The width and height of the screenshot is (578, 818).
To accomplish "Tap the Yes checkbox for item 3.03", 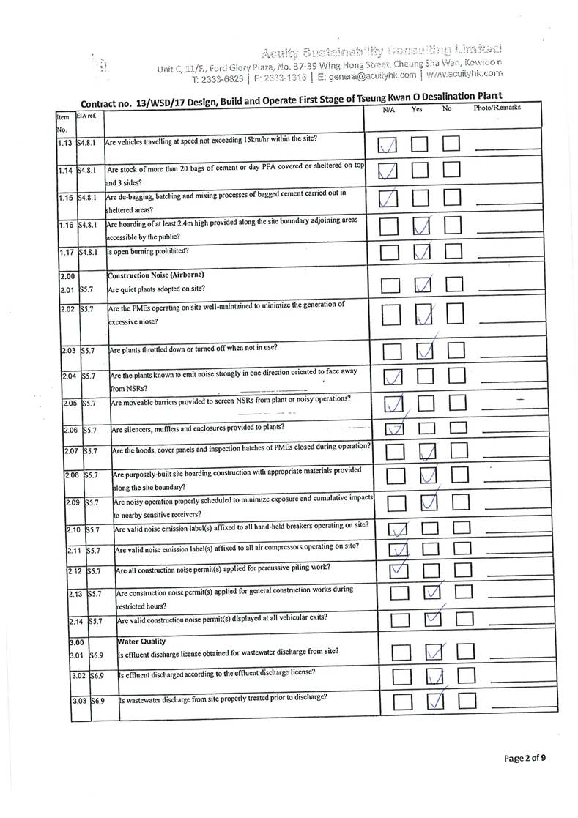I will pyautogui.click(x=435, y=702).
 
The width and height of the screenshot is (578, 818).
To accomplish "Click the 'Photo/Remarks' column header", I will pyautogui.click(x=497, y=108).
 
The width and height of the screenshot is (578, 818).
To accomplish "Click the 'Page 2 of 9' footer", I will pyautogui.click(x=525, y=758).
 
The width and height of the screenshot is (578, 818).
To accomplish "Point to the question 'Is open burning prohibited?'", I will pyautogui.click(x=148, y=251).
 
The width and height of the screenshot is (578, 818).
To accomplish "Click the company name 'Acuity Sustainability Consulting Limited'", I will pyautogui.click(x=380, y=51).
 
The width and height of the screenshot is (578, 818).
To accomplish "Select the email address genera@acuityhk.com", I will pyautogui.click(x=371, y=75).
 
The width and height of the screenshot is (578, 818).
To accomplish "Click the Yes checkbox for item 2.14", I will pyautogui.click(x=434, y=621).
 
